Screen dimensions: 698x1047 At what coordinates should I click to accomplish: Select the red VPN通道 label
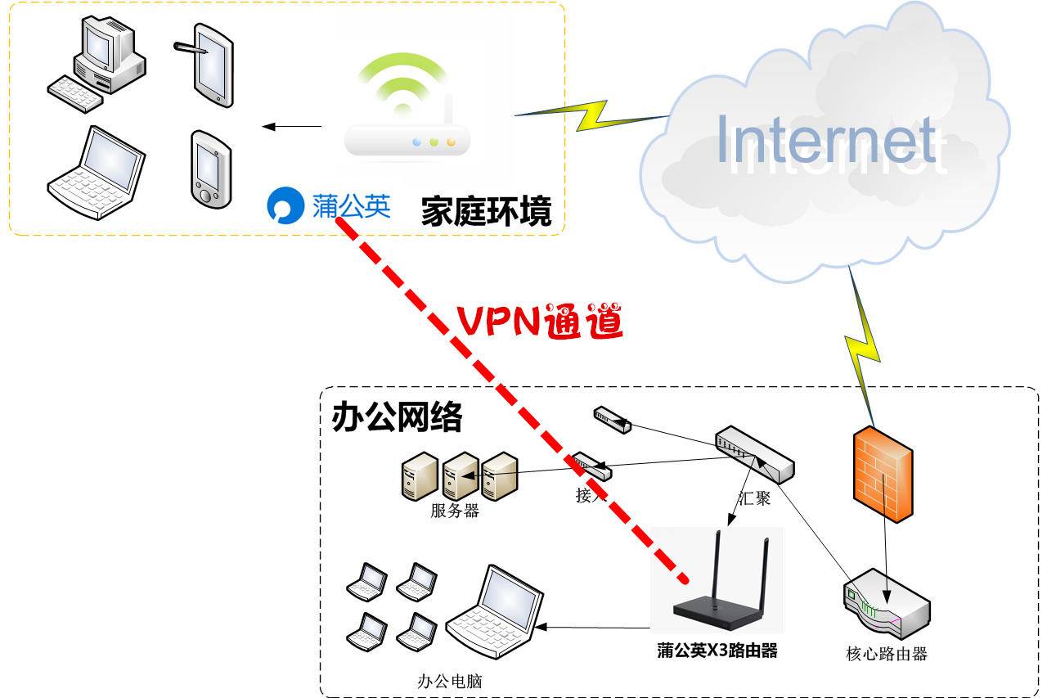click(x=540, y=322)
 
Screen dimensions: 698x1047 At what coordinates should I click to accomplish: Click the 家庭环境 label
click(x=486, y=212)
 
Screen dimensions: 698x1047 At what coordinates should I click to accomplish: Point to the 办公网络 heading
click(x=397, y=417)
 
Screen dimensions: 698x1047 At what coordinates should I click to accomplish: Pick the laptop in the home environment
click(x=97, y=173)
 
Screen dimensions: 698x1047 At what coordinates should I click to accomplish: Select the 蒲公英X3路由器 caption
click(x=717, y=651)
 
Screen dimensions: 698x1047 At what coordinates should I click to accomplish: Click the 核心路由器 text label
click(x=886, y=654)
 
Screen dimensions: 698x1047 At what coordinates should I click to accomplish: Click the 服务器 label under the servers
click(x=454, y=511)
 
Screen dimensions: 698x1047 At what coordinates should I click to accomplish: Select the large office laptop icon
click(x=494, y=610)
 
